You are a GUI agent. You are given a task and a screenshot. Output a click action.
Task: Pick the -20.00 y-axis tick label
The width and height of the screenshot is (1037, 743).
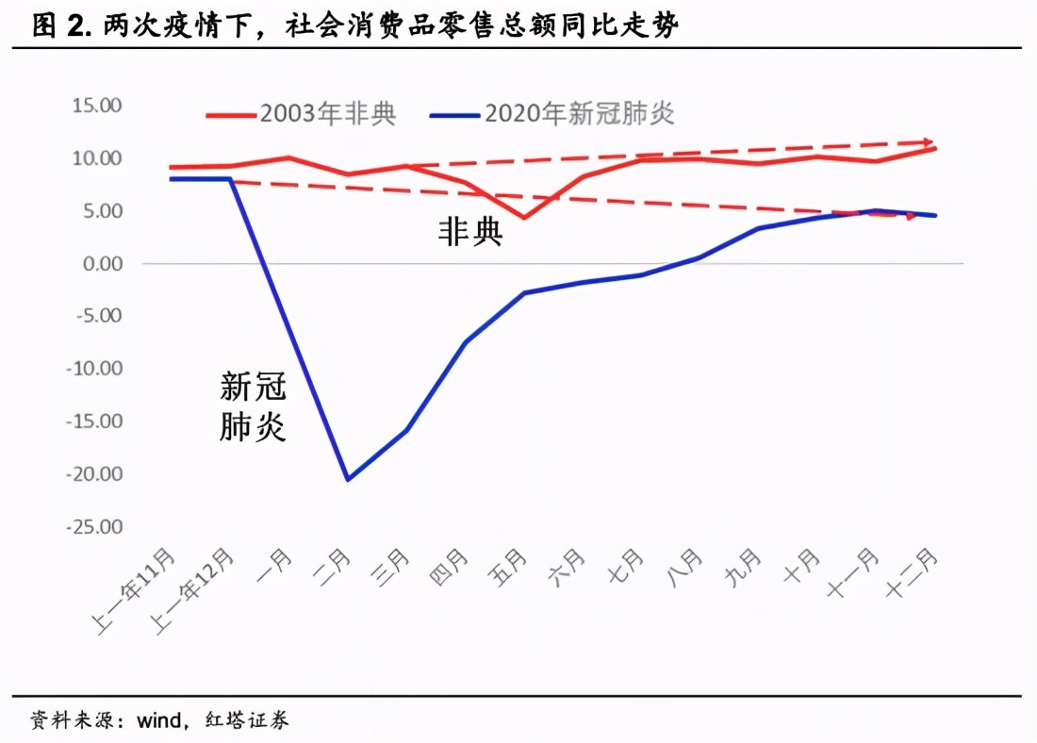tap(94, 473)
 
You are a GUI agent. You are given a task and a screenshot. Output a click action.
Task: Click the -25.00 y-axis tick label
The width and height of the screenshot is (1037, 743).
tap(94, 526)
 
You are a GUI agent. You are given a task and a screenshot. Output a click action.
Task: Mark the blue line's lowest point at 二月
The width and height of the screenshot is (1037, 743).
tap(348, 479)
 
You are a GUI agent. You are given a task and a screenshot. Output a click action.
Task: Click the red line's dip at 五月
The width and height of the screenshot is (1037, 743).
tap(524, 218)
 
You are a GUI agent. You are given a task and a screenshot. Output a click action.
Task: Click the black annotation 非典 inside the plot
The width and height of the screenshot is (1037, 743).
tap(469, 232)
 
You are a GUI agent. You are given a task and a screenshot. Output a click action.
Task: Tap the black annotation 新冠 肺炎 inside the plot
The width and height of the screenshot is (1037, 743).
tap(253, 406)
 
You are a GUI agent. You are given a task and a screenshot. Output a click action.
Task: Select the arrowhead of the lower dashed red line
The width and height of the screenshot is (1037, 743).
tap(911, 216)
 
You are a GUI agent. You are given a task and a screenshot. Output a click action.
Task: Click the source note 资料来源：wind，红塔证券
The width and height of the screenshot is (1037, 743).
tap(160, 721)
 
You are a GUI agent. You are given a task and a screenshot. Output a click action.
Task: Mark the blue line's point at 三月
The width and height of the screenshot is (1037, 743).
tap(406, 430)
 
